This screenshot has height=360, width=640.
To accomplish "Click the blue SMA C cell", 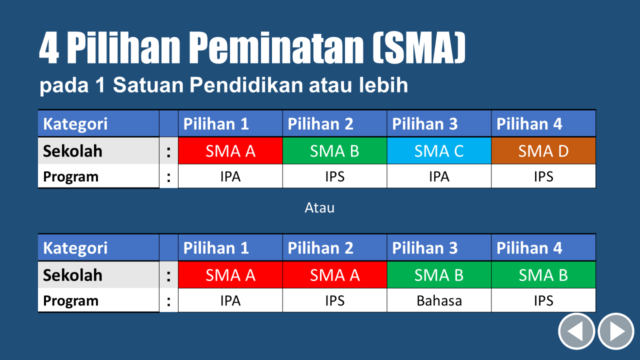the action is [439, 151].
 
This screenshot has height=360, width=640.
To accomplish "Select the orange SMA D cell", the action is [543, 151].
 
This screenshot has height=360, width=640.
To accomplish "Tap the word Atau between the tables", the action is [319, 207].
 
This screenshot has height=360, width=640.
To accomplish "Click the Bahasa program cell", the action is [439, 300].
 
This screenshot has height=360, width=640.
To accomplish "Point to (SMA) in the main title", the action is [419, 47].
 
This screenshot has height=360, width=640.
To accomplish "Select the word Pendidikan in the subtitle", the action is [246, 85].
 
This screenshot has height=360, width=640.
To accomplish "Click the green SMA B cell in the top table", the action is [334, 151].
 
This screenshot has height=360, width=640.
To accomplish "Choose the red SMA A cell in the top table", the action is [230, 151].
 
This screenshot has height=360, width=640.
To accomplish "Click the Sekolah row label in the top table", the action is [72, 151].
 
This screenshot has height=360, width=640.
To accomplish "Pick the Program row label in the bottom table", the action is [70, 300].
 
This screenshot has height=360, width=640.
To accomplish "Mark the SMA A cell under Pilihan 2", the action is [334, 275].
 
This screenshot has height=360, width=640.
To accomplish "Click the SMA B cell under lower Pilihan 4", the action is [543, 275].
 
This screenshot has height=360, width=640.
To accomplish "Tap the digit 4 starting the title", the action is [49, 47].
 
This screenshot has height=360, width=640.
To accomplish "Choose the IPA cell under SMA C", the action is [439, 176].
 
